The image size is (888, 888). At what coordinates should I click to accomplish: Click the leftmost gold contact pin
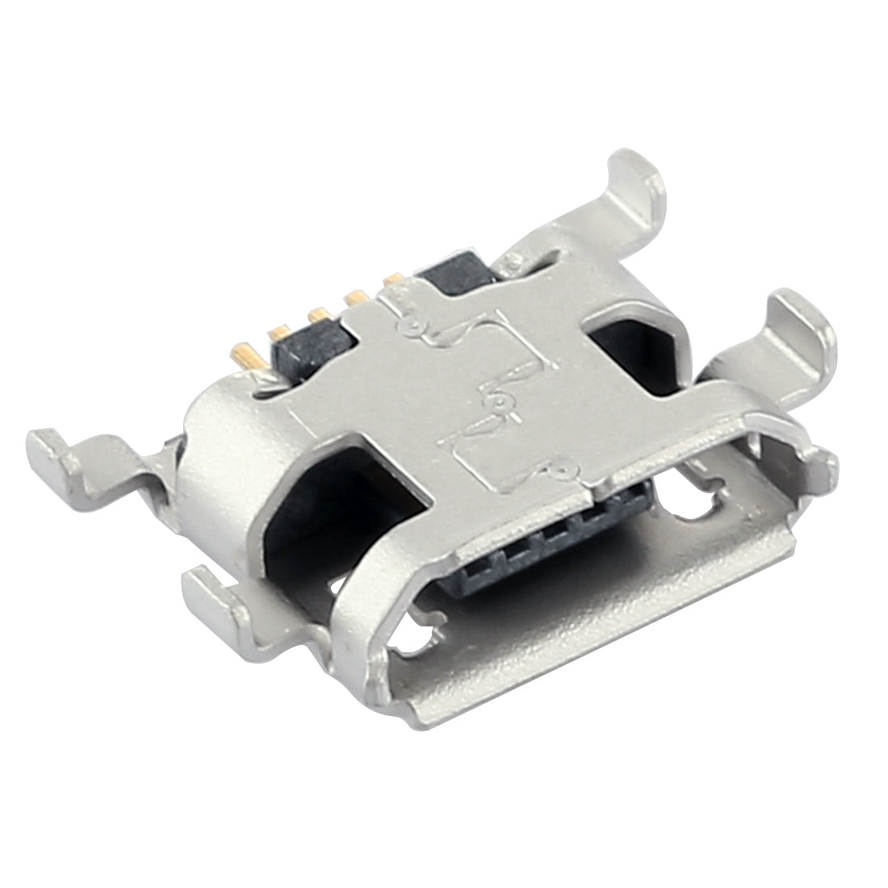245,354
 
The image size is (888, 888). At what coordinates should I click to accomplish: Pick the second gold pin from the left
279,331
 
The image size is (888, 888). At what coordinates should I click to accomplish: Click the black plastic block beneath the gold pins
311,346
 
